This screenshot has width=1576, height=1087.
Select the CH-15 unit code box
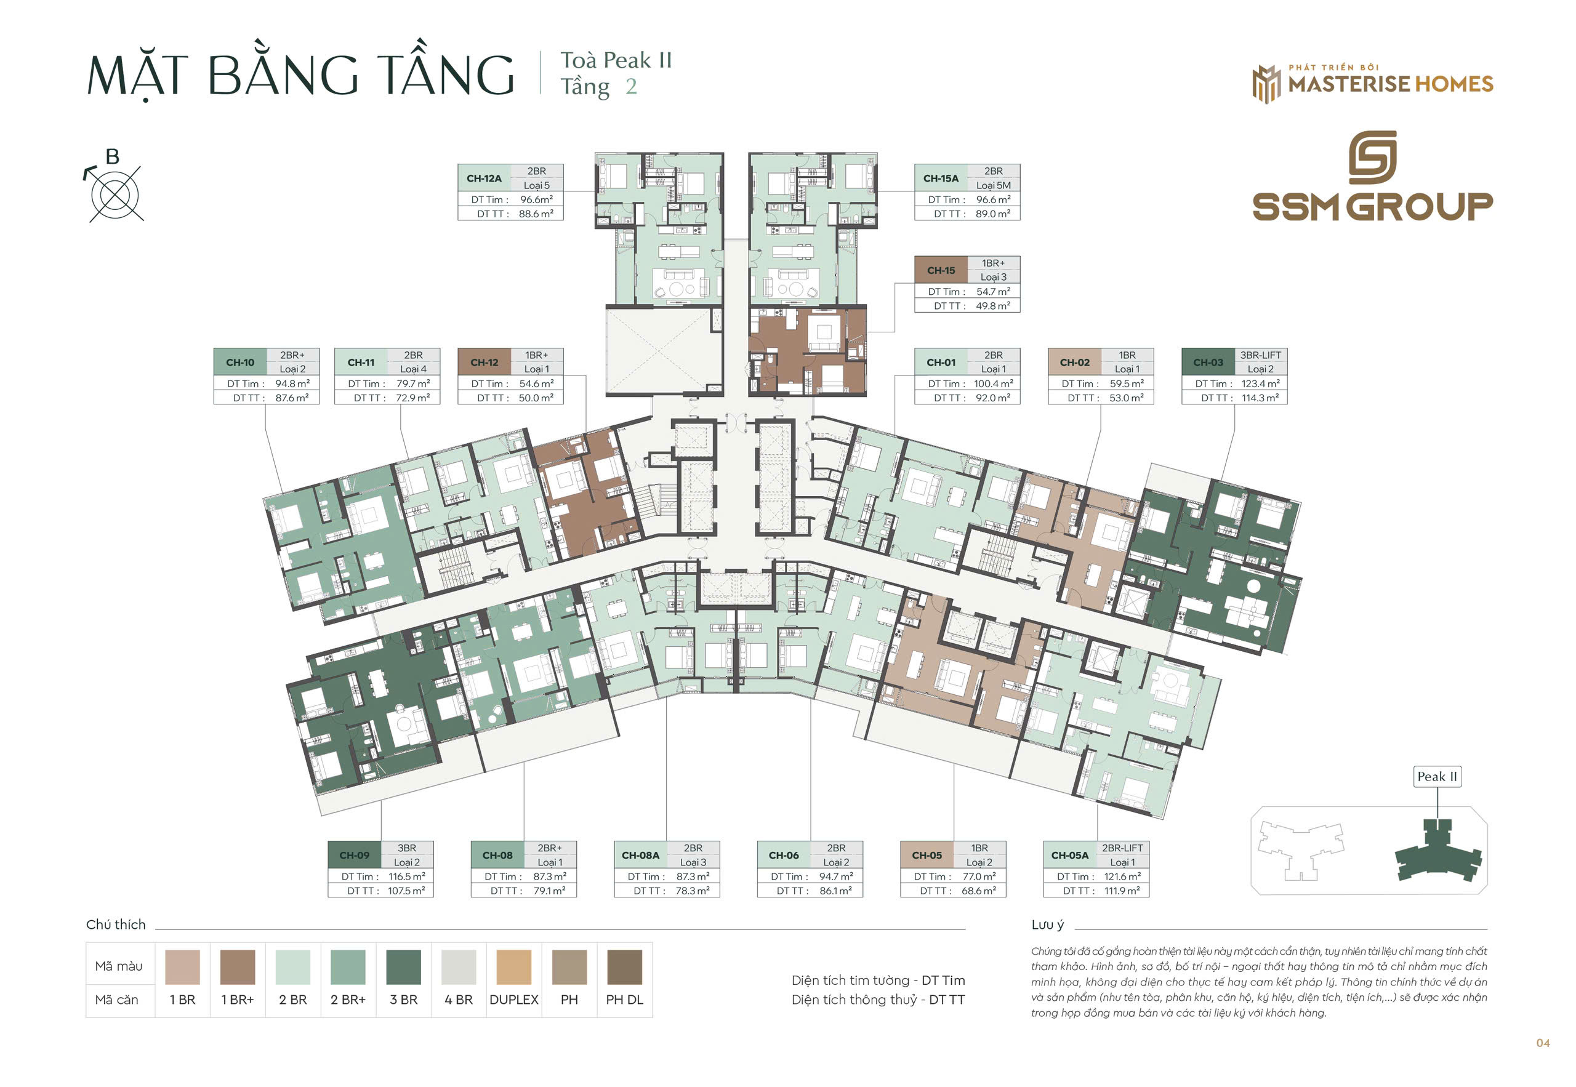point(941,270)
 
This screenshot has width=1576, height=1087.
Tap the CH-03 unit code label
point(1207,363)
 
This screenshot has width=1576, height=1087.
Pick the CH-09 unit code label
point(354,856)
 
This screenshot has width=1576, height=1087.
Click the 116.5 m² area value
point(406,876)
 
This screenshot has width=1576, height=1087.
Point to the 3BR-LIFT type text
point(1260,355)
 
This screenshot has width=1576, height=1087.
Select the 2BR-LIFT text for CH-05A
point(1122,848)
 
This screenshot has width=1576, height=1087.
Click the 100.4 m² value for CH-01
point(993,383)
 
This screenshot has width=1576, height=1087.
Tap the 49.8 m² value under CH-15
point(993,306)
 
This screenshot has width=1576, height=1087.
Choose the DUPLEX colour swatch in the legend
point(513,967)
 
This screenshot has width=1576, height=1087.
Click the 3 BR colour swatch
point(403,967)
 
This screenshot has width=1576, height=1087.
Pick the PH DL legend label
point(624,1000)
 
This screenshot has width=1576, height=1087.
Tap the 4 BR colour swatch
point(459,967)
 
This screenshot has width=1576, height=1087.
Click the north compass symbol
point(115,193)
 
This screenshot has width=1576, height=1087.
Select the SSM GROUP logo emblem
point(1372,158)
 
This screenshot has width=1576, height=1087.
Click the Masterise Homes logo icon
point(1266,84)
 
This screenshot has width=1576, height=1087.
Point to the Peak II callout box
point(1437,776)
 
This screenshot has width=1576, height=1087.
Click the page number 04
point(1543,1043)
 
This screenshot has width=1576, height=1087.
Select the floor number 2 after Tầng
point(632,87)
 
